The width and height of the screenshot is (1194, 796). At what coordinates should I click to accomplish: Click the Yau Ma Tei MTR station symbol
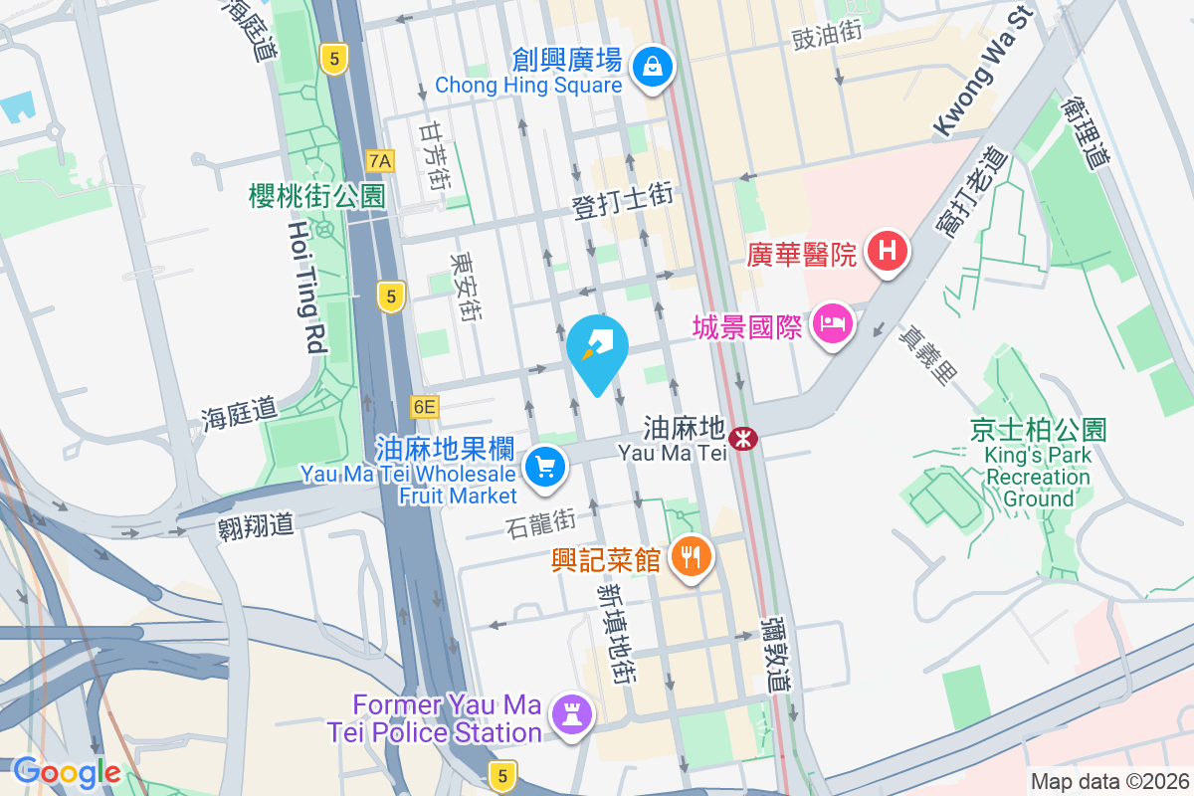click(x=742, y=438)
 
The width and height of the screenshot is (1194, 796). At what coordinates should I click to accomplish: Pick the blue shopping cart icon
click(x=544, y=465)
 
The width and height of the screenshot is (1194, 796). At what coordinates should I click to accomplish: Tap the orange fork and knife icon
click(x=691, y=555)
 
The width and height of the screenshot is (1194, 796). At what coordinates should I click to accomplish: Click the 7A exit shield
click(x=379, y=160)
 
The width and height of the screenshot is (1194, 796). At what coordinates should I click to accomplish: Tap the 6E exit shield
click(x=424, y=406)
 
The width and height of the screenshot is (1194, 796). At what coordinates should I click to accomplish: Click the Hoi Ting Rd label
click(x=306, y=289)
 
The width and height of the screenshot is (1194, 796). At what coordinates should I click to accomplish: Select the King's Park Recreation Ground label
click(x=1038, y=477)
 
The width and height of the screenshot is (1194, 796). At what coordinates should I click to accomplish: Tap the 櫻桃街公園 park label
click(x=316, y=196)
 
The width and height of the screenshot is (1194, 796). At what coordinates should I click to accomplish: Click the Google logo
click(x=67, y=772)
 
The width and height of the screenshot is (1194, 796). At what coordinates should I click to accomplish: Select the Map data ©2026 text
click(x=1109, y=781)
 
